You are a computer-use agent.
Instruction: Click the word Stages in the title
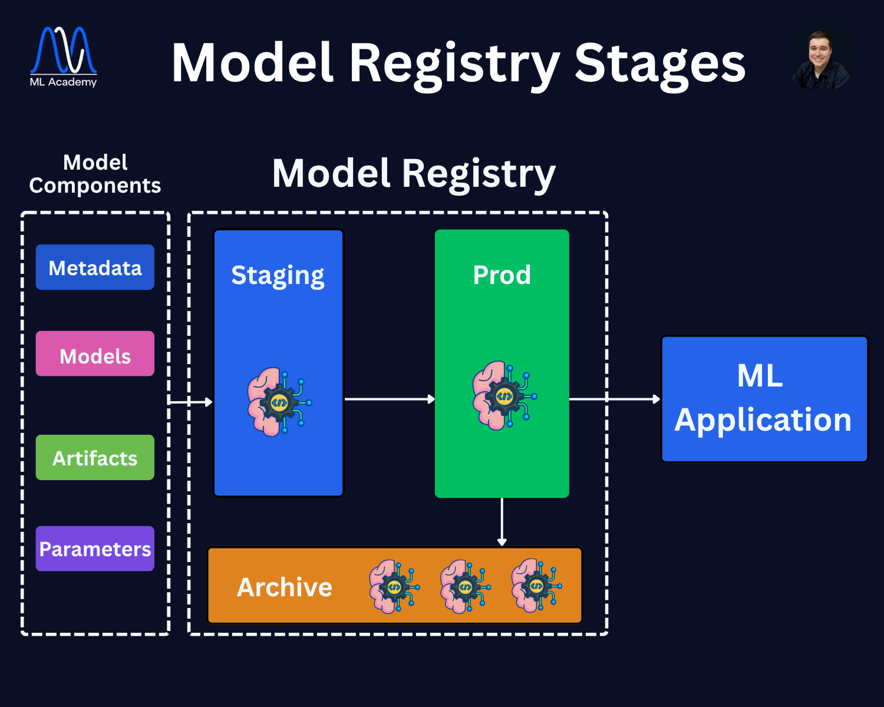659,63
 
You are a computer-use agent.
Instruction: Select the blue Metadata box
95,267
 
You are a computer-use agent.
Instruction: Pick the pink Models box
95,354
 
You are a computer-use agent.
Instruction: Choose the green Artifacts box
95,458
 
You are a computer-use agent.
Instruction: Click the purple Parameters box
95,549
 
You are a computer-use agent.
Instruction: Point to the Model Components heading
95,174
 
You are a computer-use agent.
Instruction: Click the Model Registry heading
414,174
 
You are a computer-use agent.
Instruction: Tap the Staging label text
278,276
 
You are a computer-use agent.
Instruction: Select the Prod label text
502,275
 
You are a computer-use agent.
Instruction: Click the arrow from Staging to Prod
389,399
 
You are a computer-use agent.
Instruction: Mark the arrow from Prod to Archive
502,522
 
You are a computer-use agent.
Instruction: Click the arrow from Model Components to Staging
190,402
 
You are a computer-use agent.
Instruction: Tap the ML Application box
764,399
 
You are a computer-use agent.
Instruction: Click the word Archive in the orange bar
285,587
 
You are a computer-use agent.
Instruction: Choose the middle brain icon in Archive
465,586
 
